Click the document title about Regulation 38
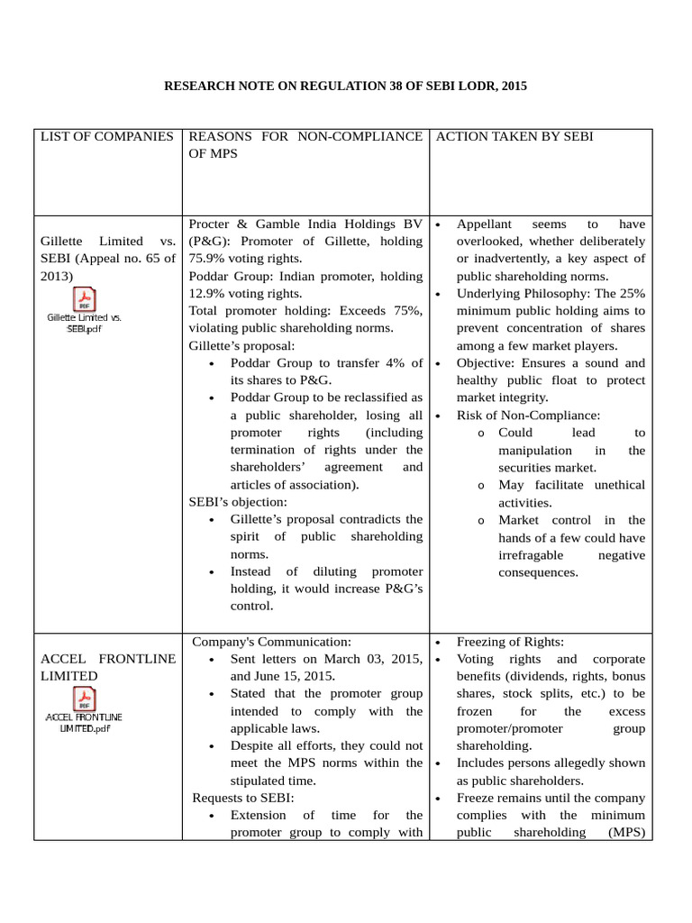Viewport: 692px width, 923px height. tap(345, 87)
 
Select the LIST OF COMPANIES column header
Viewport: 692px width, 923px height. tap(106, 137)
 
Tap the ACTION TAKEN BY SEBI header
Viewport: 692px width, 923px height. tap(514, 137)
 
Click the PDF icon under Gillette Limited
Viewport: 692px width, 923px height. tap(84, 298)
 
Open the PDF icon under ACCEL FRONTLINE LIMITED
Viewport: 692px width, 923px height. tap(84, 699)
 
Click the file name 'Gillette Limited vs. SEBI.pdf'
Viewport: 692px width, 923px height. tap(84, 323)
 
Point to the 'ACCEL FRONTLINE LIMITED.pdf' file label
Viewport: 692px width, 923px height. tap(84, 722)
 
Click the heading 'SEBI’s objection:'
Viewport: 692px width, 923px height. tap(237, 502)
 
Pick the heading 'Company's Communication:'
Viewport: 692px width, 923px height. tap(271, 642)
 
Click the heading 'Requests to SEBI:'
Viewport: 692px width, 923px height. tap(242, 798)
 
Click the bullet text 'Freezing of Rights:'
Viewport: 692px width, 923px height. tap(510, 642)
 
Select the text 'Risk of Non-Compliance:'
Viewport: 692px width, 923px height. tap(528, 416)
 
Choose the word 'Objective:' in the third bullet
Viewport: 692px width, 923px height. tap(487, 363)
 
